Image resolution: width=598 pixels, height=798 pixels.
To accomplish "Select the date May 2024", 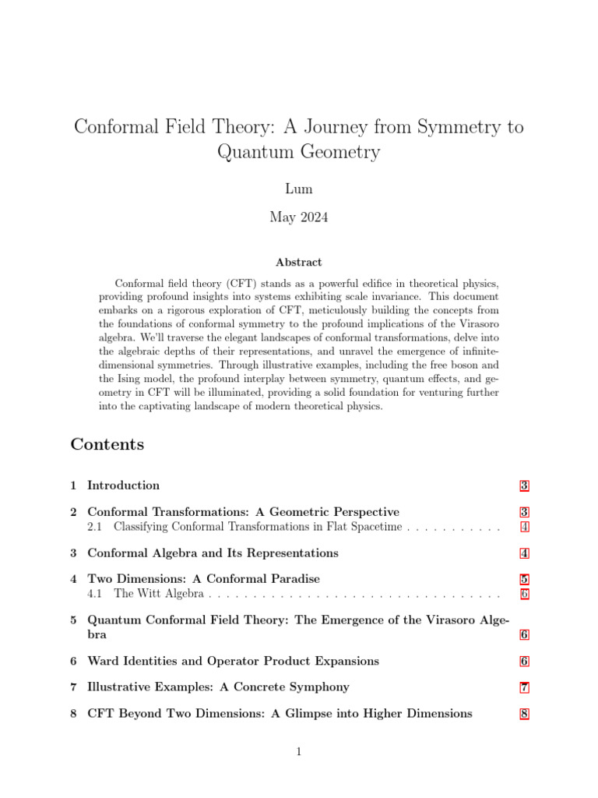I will pyautogui.click(x=298, y=217).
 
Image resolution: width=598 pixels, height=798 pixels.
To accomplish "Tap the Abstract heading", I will pyautogui.click(x=298, y=263).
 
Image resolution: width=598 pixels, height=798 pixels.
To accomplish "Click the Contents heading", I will pyautogui.click(x=107, y=445).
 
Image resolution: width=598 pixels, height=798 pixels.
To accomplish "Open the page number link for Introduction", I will pyautogui.click(x=524, y=486).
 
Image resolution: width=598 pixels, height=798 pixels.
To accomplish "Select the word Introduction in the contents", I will pyautogui.click(x=123, y=486).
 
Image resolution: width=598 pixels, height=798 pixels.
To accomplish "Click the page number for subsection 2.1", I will pyautogui.click(x=524, y=528).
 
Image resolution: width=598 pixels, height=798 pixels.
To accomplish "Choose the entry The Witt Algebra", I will pyautogui.click(x=159, y=594).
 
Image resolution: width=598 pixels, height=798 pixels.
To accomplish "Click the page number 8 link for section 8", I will pyautogui.click(x=524, y=714).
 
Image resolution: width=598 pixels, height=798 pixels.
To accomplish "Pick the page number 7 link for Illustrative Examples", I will pyautogui.click(x=524, y=687).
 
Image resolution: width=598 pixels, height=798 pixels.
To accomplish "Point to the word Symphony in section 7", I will pyautogui.click(x=318, y=687).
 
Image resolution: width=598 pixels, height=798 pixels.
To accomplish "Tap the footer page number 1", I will pyautogui.click(x=298, y=751).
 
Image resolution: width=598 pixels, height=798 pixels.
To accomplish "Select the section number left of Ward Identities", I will pyautogui.click(x=73, y=662).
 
